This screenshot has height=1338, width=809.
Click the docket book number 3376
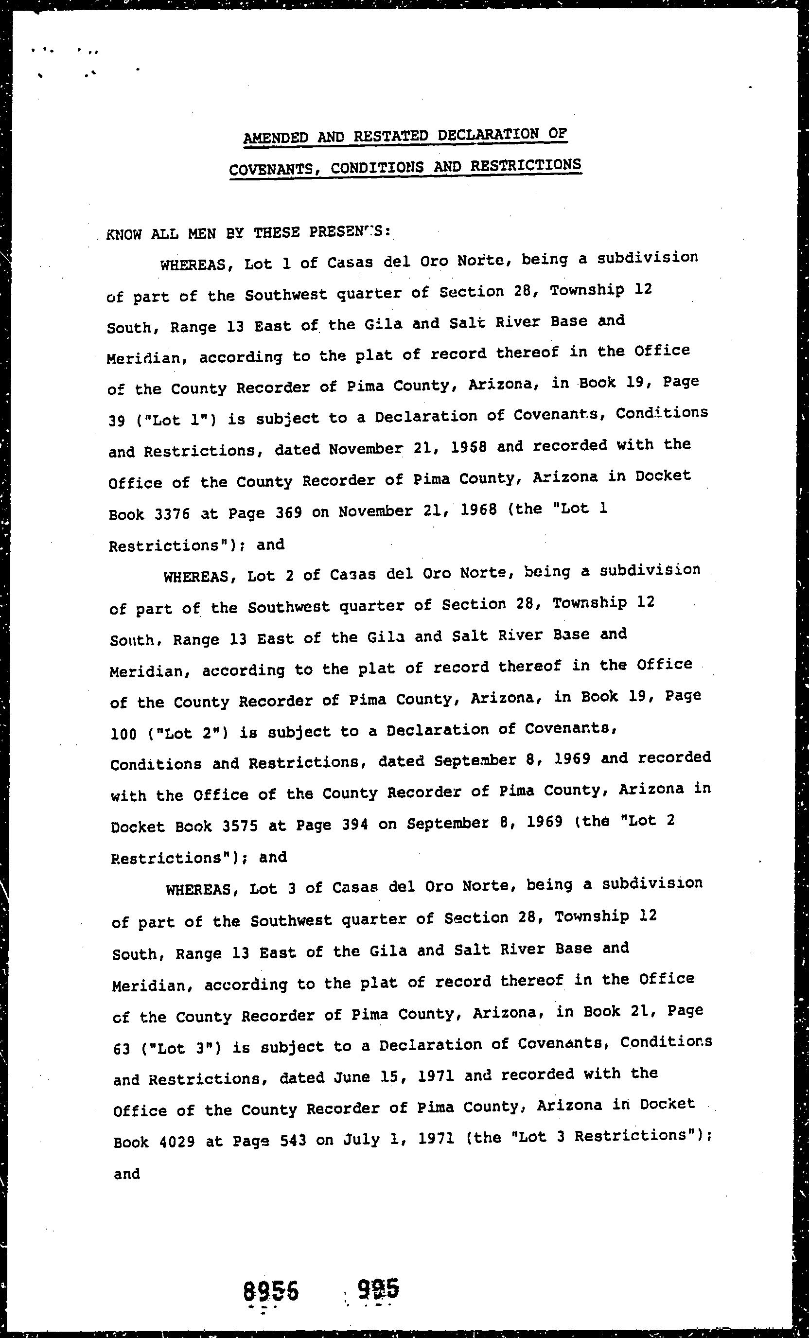tap(172, 513)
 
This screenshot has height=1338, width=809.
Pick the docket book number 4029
tap(177, 1142)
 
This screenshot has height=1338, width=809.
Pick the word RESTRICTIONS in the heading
tap(526, 165)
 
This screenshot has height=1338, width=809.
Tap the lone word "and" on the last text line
tap(127, 1174)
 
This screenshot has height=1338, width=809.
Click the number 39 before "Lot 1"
tap(117, 421)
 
